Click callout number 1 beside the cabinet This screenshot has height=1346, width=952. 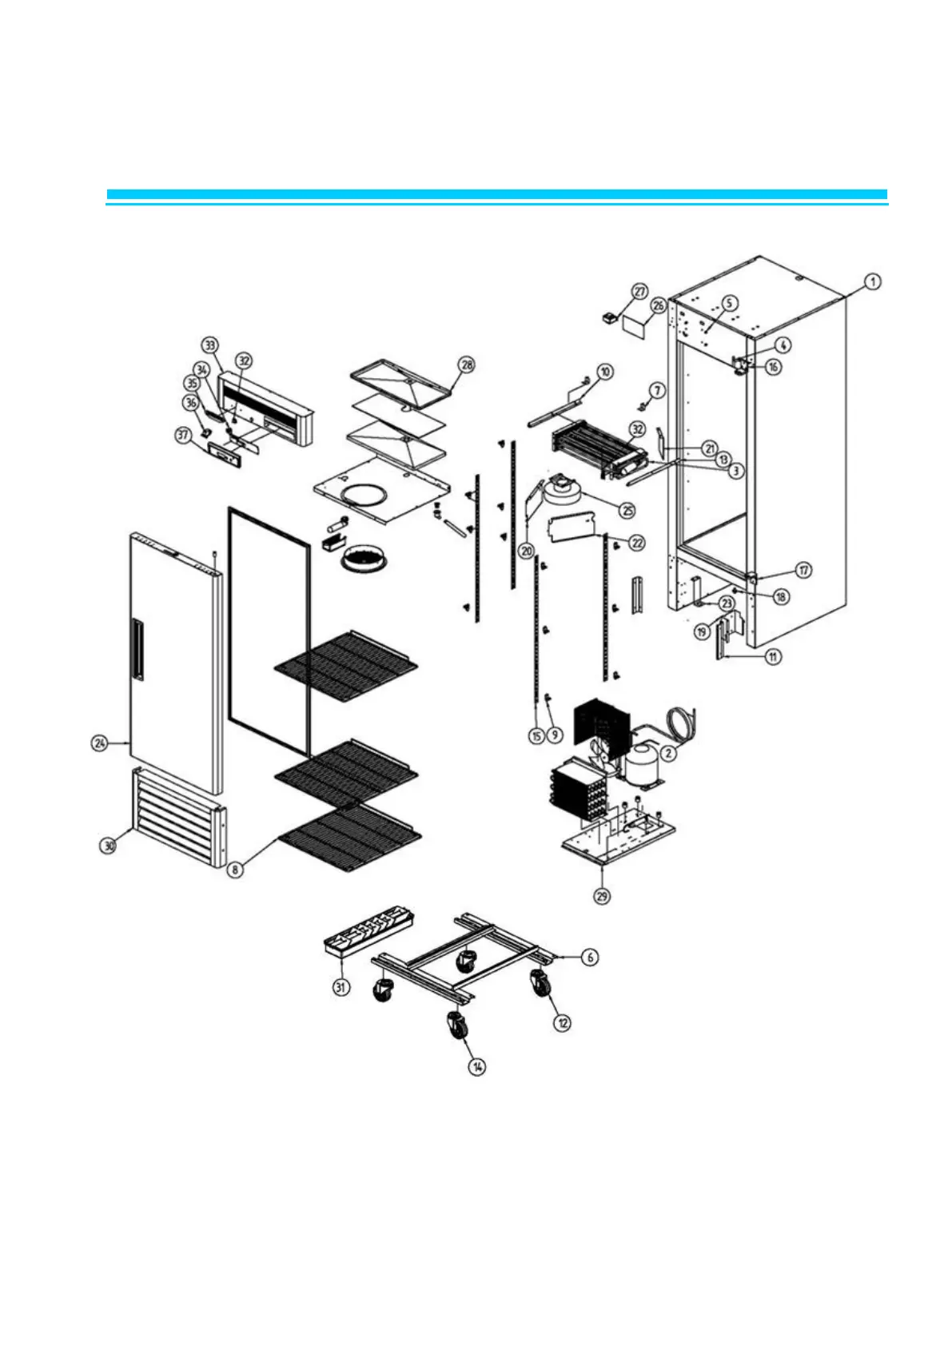click(x=874, y=281)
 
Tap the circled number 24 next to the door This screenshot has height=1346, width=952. click(x=99, y=743)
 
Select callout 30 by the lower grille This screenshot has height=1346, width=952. click(x=109, y=845)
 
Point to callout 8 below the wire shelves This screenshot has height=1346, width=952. click(x=234, y=870)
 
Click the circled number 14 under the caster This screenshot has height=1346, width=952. click(x=477, y=1066)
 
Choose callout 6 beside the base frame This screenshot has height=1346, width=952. click(x=589, y=957)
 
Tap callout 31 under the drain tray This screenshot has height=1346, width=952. click(x=341, y=987)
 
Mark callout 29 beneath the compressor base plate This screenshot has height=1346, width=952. click(x=602, y=896)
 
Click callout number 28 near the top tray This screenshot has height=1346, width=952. click(x=466, y=364)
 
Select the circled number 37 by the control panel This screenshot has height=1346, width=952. click(x=183, y=435)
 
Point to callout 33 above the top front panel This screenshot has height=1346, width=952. click(x=209, y=345)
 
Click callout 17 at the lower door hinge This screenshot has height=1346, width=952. click(x=803, y=570)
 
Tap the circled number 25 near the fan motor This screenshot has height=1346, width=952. click(x=628, y=508)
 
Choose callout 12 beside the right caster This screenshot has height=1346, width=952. click(x=564, y=1022)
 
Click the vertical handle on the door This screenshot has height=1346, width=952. click(x=139, y=651)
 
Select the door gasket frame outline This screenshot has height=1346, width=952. click(x=269, y=631)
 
